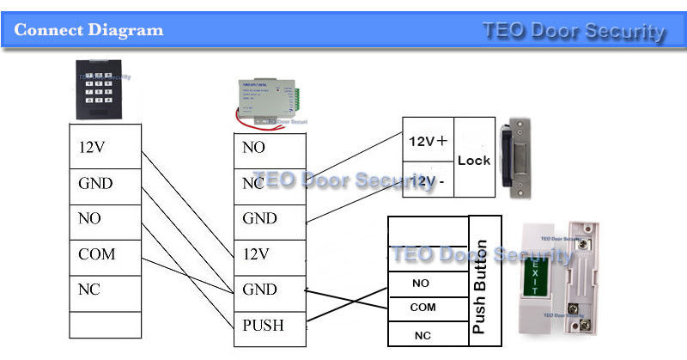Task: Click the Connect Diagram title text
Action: tap(89, 30)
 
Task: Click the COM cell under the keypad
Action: tap(104, 255)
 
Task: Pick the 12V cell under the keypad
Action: tap(104, 148)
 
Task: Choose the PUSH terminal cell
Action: tap(269, 326)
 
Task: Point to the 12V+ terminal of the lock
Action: tap(428, 141)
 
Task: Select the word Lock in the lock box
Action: tap(474, 161)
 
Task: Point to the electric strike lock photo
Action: tap(520, 159)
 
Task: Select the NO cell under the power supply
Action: tap(269, 148)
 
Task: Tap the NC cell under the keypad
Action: tap(104, 290)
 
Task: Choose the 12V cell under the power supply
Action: tap(269, 255)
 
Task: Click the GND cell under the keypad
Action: tap(104, 183)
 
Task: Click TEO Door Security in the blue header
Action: tap(574, 32)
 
